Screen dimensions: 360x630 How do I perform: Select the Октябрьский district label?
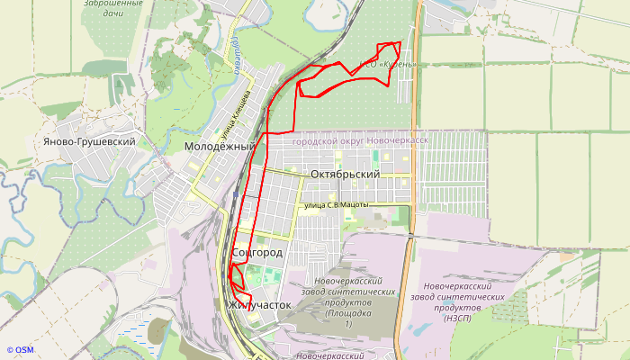click(345, 174)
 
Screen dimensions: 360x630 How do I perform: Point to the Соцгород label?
click(256, 253)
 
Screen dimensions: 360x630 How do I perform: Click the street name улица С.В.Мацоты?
click(337, 205)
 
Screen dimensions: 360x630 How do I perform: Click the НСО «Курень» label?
click(388, 65)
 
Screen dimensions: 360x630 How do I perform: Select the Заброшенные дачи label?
click(112, 9)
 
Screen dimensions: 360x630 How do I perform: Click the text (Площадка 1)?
click(347, 318)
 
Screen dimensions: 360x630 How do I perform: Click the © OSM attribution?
click(20, 350)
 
